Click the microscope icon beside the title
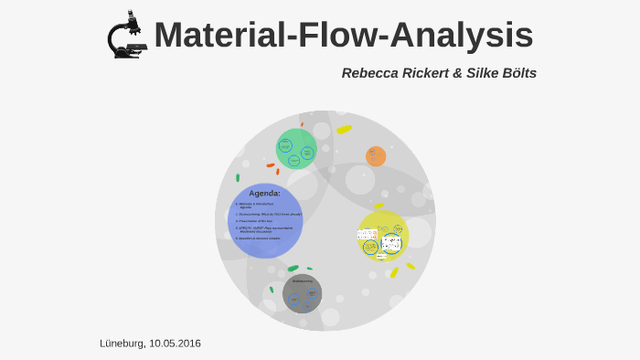point(125,36)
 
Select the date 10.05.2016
point(176,343)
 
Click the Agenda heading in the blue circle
point(264,193)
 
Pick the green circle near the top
point(296,148)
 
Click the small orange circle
point(376,156)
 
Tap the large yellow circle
point(382,236)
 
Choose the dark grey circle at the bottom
point(302,293)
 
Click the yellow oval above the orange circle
point(344,130)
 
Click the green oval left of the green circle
point(238,178)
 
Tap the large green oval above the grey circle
point(293,269)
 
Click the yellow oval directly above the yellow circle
point(379,206)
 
